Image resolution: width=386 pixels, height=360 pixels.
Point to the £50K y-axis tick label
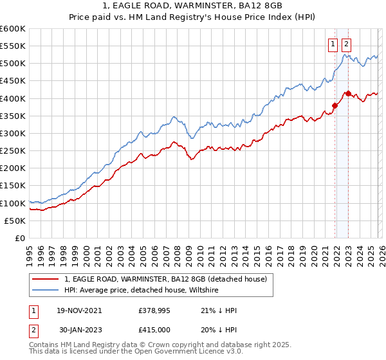14,221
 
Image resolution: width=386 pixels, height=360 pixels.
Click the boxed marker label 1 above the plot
333,44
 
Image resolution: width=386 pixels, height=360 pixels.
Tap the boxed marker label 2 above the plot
347,44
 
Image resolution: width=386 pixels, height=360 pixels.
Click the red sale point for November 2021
335,105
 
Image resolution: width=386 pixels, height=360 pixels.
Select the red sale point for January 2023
348,93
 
